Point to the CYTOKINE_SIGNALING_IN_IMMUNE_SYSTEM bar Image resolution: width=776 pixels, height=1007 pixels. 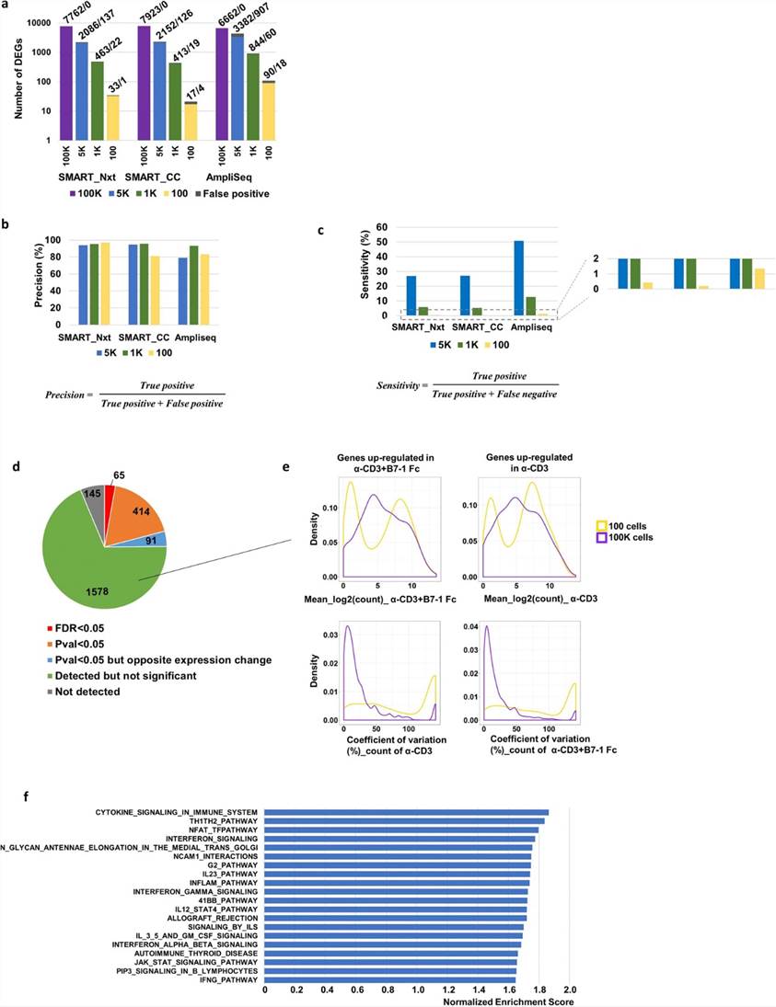(406, 812)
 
